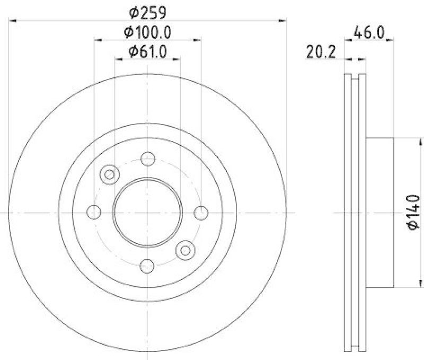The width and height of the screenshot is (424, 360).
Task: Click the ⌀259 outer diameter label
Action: point(148,11)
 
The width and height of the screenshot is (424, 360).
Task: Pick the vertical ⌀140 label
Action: point(413,212)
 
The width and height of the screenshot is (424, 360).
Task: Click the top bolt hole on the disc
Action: point(148,159)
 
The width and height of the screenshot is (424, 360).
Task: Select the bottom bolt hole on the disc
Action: point(148,266)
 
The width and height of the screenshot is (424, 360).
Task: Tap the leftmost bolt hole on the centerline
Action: point(94,212)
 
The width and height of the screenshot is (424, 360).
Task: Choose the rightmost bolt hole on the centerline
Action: point(201,212)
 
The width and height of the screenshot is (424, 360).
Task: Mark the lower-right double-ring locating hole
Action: point(185,250)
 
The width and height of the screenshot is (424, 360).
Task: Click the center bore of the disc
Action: point(148,212)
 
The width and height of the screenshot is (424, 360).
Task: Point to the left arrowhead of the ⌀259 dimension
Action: point(13,20)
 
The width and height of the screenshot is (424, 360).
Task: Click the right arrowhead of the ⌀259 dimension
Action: point(283,20)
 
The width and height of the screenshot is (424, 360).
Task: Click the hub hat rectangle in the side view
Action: point(380,212)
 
